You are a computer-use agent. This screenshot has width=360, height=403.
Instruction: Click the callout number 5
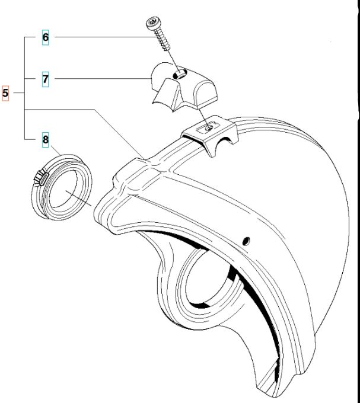coord(5,93)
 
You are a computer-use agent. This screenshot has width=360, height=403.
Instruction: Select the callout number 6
coord(45,37)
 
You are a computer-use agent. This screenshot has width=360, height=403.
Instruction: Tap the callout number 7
coord(45,79)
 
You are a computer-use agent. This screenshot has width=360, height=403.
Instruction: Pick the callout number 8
coord(45,139)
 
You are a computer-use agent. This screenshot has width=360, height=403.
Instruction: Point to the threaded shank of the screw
coord(163,39)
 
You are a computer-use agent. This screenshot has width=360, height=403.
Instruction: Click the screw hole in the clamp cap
coord(179,74)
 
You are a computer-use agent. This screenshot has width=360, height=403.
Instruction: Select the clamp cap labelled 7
coord(184,87)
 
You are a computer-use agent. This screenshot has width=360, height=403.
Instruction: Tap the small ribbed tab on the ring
coord(41,178)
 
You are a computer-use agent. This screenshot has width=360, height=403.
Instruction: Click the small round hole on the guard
coord(246,241)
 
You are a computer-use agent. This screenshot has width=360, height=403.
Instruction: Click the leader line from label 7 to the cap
coord(103,78)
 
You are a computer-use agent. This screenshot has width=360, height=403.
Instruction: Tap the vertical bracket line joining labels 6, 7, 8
coord(25,88)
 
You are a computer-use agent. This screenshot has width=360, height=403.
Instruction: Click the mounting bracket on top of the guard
coord(210,136)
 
